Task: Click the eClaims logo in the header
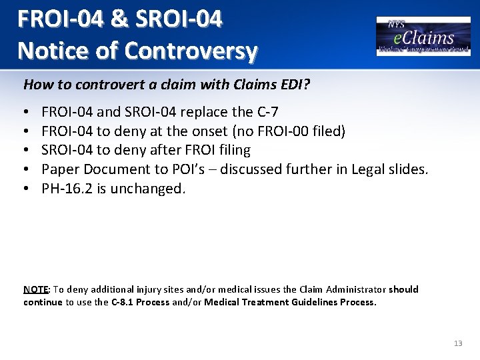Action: [x=424, y=36]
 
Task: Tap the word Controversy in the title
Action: [x=193, y=51]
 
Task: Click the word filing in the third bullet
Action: [x=231, y=151]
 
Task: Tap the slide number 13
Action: [x=457, y=343]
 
